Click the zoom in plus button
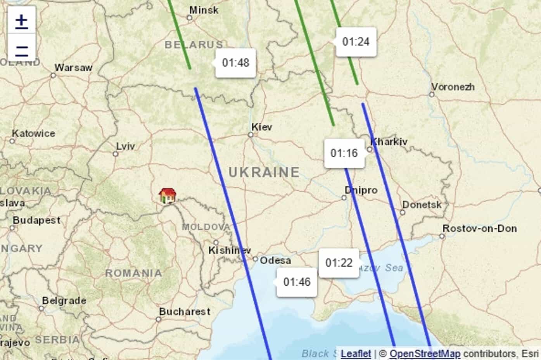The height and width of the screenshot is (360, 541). click(22, 20)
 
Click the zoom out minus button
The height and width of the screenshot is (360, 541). click(22, 49)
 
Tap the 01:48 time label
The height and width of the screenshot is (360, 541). click(236, 63)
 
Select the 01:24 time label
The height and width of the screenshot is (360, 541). click(356, 42)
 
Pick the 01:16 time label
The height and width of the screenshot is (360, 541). click(344, 153)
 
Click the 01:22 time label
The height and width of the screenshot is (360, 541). click(339, 263)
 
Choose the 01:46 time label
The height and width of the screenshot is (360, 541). click(297, 282)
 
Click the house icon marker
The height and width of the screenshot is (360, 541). click(168, 196)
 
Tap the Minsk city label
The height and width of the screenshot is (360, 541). click(204, 10)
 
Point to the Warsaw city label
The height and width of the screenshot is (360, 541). click(73, 68)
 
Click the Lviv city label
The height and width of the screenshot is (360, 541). click(126, 146)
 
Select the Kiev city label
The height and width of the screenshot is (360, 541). click(262, 127)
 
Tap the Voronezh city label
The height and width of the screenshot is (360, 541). click(453, 87)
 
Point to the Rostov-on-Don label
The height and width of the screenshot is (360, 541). click(480, 229)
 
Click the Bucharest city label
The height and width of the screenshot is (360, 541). click(185, 312)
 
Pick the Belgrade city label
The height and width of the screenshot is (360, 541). click(64, 301)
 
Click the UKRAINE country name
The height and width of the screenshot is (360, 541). click(264, 172)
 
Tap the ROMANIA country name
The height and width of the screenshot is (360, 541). click(134, 273)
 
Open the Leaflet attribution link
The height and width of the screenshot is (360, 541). click(356, 353)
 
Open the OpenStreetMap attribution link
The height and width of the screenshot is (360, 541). click(425, 353)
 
